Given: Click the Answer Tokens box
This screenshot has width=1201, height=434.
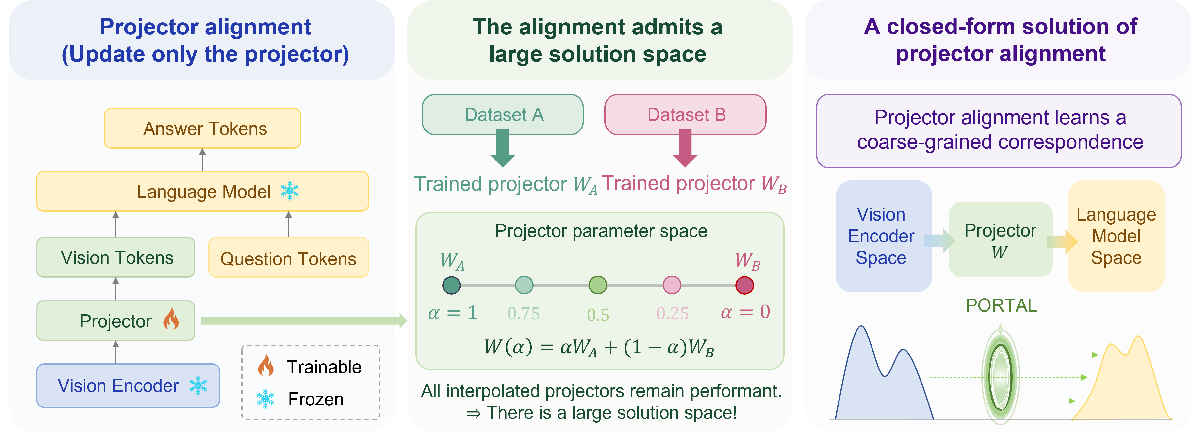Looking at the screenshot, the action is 202,128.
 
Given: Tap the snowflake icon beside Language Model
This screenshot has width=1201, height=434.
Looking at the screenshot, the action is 290,191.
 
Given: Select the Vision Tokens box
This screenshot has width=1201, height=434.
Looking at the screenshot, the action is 116,257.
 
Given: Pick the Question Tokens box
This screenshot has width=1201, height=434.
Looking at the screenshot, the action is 289,257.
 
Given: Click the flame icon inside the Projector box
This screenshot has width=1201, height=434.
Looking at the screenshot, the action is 171,319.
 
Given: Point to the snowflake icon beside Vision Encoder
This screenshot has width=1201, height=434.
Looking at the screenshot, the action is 198,386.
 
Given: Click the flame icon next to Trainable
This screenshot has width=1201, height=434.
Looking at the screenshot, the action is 266,366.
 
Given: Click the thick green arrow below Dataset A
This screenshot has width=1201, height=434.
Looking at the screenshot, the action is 503,148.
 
